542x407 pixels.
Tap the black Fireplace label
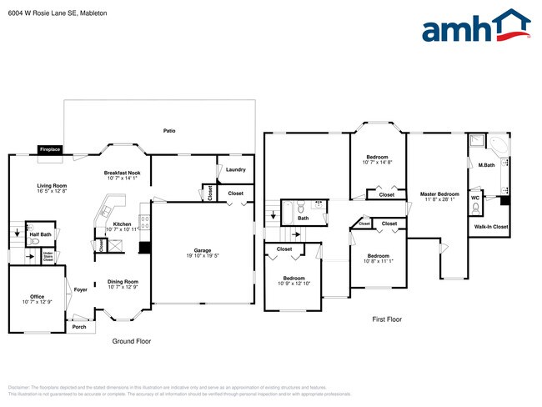point(49,149)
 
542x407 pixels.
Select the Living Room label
point(52,188)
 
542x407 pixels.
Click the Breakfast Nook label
point(122,173)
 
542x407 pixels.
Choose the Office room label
point(37,299)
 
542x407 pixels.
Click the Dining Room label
point(123,284)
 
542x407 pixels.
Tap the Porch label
point(78,326)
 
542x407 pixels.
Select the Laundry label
point(235,170)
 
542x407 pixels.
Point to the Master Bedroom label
point(439,196)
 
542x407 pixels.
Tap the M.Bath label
point(486,166)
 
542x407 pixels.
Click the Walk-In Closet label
point(490,226)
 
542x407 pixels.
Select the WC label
point(475,198)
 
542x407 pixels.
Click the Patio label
point(169,131)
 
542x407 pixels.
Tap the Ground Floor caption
point(131,341)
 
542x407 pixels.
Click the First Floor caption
point(386,319)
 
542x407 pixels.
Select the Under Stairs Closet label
point(48,258)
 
